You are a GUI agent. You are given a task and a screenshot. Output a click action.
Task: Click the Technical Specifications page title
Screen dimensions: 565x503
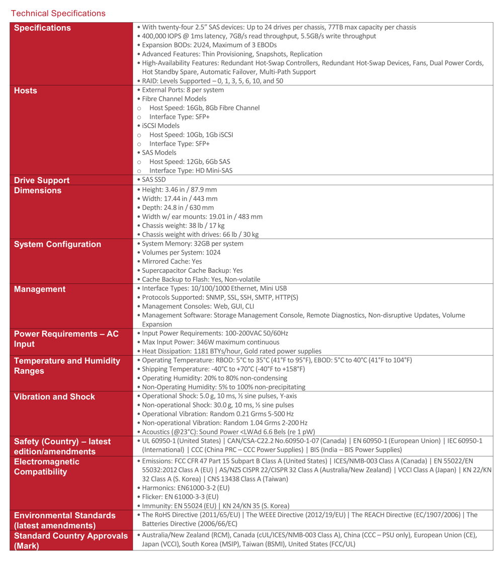58,13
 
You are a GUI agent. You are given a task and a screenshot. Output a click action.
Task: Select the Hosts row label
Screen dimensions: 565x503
26,91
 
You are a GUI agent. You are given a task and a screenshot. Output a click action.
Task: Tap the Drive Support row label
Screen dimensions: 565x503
42,180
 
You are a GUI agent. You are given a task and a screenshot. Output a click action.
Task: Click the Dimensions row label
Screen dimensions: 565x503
38,190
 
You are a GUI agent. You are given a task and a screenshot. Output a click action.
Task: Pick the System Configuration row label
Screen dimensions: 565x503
57,244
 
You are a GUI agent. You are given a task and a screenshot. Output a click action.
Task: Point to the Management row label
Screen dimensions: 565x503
40,289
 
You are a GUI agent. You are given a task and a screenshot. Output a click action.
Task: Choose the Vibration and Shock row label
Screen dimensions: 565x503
54,396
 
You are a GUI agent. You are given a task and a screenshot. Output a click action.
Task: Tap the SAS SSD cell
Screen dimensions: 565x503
153,180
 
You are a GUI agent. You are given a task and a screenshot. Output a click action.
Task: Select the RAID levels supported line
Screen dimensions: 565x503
212,81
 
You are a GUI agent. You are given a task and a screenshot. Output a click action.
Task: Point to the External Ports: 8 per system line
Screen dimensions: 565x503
183,90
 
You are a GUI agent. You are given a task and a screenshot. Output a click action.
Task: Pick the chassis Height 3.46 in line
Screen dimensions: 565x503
179,190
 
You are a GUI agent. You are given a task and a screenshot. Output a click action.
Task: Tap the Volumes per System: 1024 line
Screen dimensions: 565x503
181,253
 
